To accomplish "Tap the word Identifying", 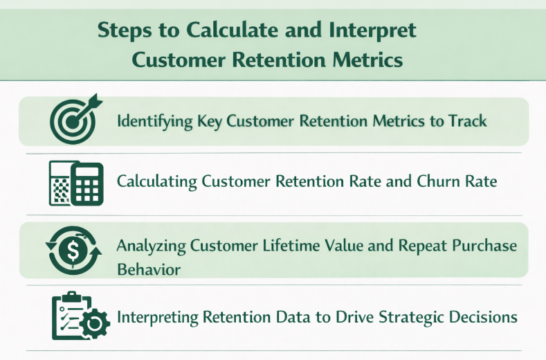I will coord(154,121).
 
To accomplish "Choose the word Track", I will coord(467,121).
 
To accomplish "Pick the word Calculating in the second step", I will coord(157,182).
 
